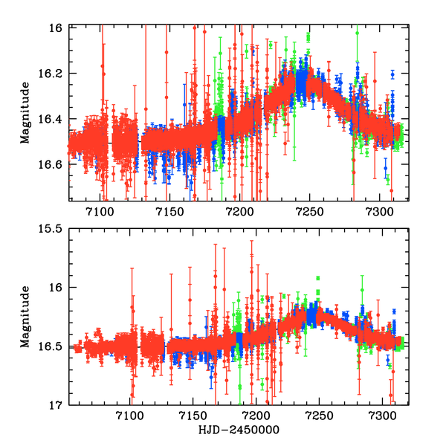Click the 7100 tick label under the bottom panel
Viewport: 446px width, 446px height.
click(130, 416)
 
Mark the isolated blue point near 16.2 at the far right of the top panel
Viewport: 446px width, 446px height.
click(392, 74)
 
